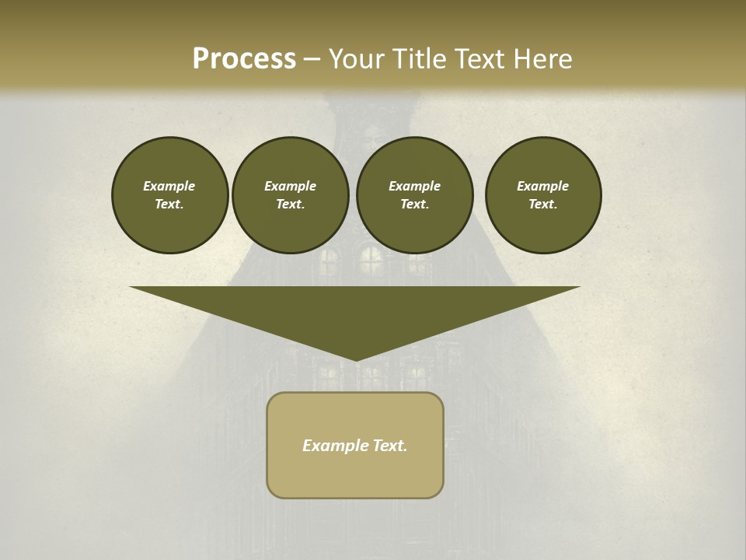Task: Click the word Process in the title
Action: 244,58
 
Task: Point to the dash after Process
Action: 312,60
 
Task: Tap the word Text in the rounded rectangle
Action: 389,446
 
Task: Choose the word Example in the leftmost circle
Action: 169,186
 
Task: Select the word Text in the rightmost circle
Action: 542,204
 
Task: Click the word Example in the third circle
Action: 414,186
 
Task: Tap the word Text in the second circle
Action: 290,204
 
